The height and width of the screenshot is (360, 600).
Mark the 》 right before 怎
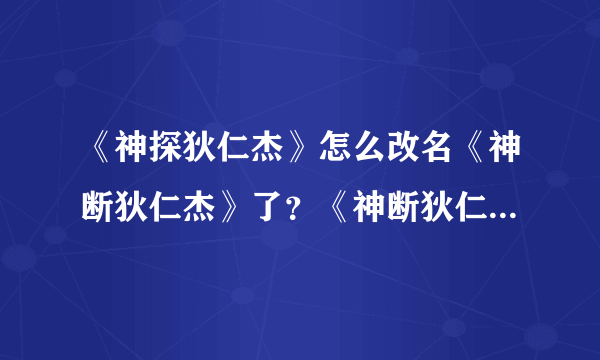pos(298,151)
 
